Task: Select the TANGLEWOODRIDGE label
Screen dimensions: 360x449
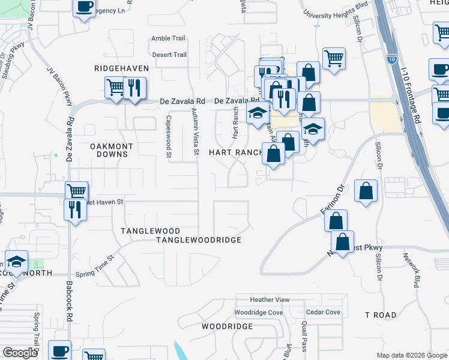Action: (x=199, y=239)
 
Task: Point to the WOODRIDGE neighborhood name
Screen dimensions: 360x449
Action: (x=227, y=326)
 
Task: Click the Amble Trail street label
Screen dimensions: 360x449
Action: (x=169, y=38)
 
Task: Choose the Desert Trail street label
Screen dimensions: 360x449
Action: (x=169, y=55)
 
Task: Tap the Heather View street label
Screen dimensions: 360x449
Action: (x=270, y=299)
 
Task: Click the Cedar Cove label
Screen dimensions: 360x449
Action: (x=323, y=312)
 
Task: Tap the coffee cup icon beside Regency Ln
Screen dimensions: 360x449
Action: (x=84, y=7)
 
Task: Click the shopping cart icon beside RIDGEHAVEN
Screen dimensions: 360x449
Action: (x=115, y=87)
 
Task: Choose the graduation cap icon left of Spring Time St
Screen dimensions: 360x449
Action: (x=16, y=262)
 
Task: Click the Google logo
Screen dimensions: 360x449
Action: (x=20, y=353)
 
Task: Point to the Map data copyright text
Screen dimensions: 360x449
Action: (x=411, y=355)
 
